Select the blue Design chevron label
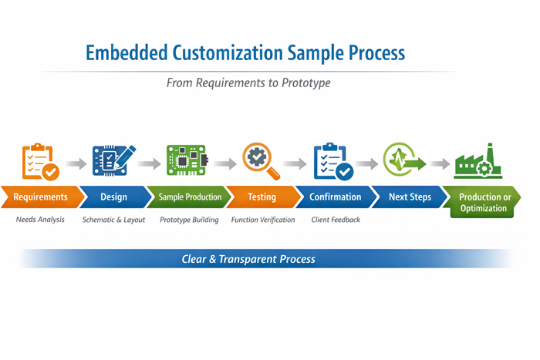[113, 197]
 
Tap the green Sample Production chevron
[190, 197]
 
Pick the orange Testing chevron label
[262, 197]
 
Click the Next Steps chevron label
[410, 197]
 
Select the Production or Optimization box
[485, 202]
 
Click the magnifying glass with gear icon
[260, 161]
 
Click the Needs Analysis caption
[40, 220]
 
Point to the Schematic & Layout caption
[114, 220]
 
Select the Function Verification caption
[263, 220]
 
